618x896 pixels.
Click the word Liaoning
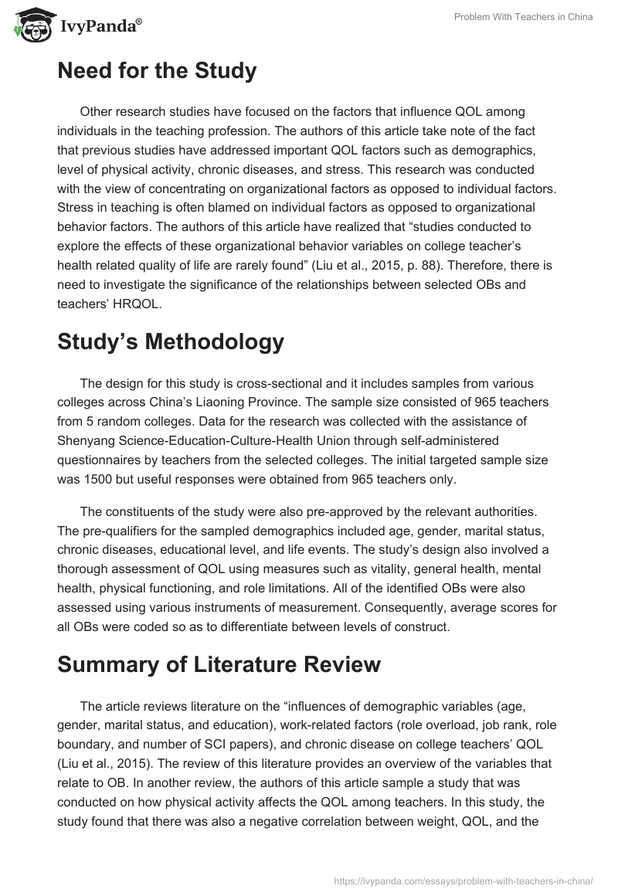246,402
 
